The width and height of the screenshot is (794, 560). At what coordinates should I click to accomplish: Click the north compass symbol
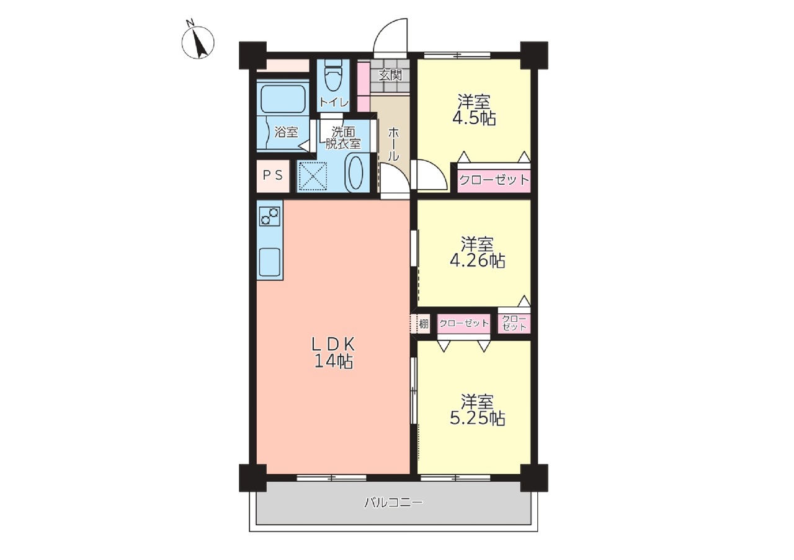pyautogui.click(x=198, y=42)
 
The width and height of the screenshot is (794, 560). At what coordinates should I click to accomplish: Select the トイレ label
pyautogui.click(x=334, y=102)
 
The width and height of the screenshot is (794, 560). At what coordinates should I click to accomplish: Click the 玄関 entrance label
pyautogui.click(x=390, y=75)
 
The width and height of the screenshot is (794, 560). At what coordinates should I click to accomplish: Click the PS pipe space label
pyautogui.click(x=272, y=175)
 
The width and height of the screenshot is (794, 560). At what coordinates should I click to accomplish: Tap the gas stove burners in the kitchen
pyautogui.click(x=270, y=216)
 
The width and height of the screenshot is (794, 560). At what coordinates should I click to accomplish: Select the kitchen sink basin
pyautogui.click(x=270, y=262)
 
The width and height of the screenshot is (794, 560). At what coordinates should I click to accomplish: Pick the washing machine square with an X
pyautogui.click(x=312, y=176)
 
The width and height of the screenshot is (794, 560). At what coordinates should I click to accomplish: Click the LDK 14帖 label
pyautogui.click(x=333, y=353)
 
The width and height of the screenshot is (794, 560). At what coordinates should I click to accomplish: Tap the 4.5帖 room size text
pyautogui.click(x=474, y=118)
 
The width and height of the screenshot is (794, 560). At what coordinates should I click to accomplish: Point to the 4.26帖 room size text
pyautogui.click(x=478, y=261)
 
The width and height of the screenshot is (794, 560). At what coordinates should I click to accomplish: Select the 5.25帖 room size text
pyautogui.click(x=478, y=419)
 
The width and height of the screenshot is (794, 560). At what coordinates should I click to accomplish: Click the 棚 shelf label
pyautogui.click(x=424, y=324)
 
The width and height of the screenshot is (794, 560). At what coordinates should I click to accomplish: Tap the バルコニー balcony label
pyautogui.click(x=394, y=502)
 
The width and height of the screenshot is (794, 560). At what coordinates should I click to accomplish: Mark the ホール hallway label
pyautogui.click(x=393, y=144)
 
